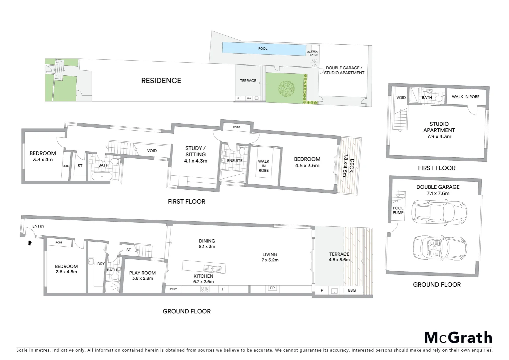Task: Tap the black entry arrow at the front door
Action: point(29,243)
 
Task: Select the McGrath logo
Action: point(458,338)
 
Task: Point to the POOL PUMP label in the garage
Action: point(398,210)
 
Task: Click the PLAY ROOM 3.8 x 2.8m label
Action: point(142,275)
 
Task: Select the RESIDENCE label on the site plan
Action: point(161,81)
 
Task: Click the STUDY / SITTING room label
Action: point(196,154)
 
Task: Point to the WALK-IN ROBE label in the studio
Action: point(465,97)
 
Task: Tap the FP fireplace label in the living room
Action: point(272,288)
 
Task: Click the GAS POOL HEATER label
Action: point(313,54)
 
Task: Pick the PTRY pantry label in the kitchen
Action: point(173,289)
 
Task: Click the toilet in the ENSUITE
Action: point(242,152)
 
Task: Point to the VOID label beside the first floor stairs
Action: point(152,151)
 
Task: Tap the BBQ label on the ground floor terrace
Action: point(352,290)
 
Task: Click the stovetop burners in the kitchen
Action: point(205,289)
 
